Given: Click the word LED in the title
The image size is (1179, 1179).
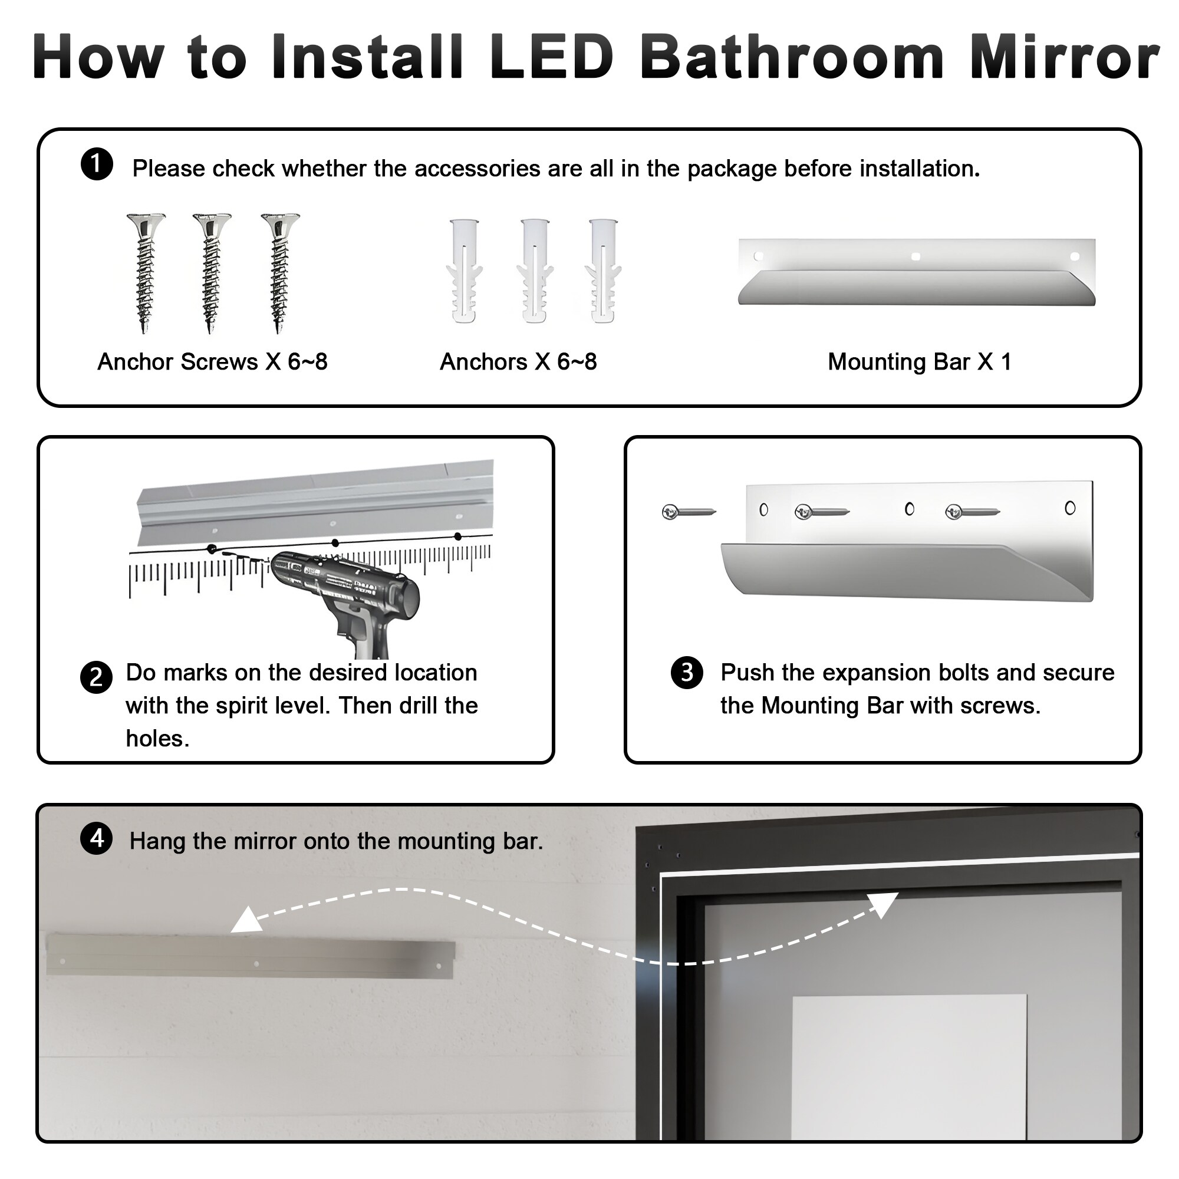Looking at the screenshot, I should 551,57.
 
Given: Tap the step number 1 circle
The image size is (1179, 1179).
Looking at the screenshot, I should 97,165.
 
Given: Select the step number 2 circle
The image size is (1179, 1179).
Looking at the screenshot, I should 97,677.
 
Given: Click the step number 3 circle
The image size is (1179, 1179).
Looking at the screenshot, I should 687,673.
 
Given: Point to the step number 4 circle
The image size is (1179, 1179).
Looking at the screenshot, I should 97,838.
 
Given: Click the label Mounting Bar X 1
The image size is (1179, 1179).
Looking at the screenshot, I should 919,362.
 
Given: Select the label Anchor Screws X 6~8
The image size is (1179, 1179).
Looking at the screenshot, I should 212,362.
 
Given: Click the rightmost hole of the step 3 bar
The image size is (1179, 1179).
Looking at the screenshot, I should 1070,508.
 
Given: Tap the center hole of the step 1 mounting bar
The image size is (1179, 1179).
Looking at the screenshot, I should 915,257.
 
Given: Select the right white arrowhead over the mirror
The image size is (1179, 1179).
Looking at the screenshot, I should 883,904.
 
